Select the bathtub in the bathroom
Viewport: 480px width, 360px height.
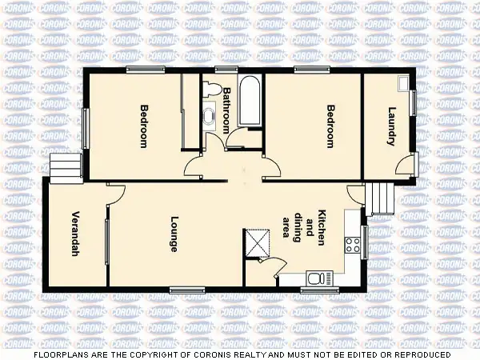(250, 102)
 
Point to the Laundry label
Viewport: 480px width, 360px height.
(391, 126)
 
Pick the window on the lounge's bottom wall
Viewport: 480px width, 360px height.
(187, 289)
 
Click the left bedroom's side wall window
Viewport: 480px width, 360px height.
(85, 128)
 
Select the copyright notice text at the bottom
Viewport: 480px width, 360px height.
(240, 354)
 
